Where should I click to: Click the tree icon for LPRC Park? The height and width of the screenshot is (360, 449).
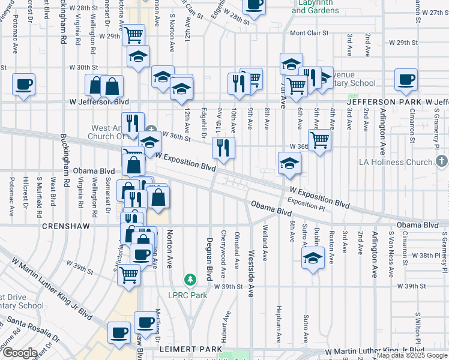click(x=190, y=280)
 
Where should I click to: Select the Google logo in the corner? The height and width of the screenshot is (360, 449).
click(x=19, y=353)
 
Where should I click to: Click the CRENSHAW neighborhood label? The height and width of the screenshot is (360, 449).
click(x=67, y=227)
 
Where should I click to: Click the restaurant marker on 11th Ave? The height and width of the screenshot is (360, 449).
click(x=224, y=148)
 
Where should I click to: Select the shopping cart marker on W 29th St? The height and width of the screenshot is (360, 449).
click(x=133, y=35)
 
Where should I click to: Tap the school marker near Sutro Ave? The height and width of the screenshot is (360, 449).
click(x=312, y=258)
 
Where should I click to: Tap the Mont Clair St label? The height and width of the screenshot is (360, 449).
click(x=310, y=34)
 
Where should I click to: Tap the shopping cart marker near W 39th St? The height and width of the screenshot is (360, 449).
click(x=128, y=275)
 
